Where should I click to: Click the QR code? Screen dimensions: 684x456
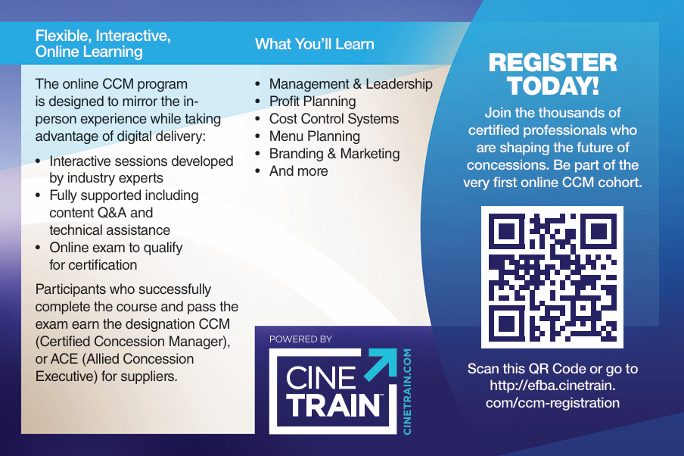[552, 277]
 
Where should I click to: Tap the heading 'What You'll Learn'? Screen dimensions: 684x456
[315, 44]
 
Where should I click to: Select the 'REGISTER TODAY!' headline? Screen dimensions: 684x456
[552, 73]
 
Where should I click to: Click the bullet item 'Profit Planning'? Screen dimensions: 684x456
[312, 102]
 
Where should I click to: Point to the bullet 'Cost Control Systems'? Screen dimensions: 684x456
[334, 119]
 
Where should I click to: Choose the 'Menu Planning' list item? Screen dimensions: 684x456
[315, 136]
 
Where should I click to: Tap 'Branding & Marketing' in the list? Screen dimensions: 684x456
[334, 154]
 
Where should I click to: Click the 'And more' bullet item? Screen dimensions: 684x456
[298, 171]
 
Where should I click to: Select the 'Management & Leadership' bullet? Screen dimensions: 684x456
[351, 84]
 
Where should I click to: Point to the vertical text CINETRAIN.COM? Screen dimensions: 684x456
[407, 392]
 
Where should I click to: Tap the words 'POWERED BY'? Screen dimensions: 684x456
[300, 339]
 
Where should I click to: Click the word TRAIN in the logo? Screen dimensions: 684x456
[333, 405]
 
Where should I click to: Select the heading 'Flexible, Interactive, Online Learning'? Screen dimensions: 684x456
[103, 44]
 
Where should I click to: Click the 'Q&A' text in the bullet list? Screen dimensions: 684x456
[112, 213]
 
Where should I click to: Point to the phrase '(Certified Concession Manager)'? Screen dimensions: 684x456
[132, 342]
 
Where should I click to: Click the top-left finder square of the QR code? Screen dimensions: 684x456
[505, 231]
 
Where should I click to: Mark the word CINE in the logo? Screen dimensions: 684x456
[321, 377]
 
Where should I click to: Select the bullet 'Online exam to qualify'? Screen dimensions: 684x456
[116, 248]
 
